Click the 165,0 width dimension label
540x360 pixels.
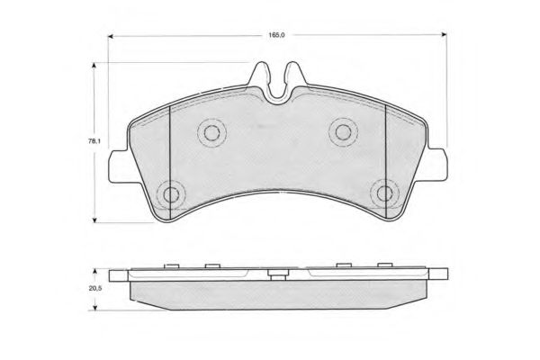pyautogui.click(x=276, y=35)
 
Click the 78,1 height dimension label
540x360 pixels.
pyautogui.click(x=94, y=141)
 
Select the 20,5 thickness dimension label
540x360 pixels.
pyautogui.click(x=95, y=289)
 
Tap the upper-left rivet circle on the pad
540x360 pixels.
pyautogui.click(x=211, y=133)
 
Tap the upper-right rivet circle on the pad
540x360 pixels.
pyautogui.click(x=343, y=132)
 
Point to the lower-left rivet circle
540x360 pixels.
pyautogui.click(x=171, y=194)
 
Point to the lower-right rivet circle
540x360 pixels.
pyautogui.click(x=384, y=193)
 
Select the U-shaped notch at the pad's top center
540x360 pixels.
pyautogui.click(x=278, y=93)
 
